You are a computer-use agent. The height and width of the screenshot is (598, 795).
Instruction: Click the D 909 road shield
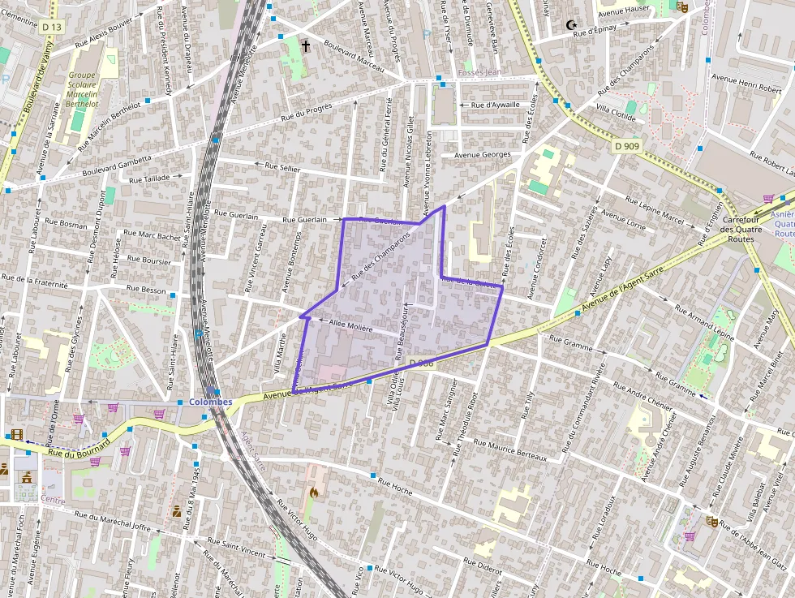pyautogui.click(x=626, y=146)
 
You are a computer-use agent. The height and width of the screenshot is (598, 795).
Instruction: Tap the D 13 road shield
pyautogui.click(x=51, y=27)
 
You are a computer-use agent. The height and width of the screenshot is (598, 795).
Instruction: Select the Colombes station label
pyautogui.click(x=210, y=402)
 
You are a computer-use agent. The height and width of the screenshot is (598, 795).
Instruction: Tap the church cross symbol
pyautogui.click(x=306, y=46)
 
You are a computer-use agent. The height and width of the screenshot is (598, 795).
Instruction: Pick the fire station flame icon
pyautogui.click(x=315, y=492)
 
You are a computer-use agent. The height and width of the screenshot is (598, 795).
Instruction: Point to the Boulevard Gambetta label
pyautogui.click(x=117, y=166)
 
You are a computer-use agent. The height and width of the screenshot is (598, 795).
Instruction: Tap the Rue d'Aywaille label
pyautogui.click(x=495, y=105)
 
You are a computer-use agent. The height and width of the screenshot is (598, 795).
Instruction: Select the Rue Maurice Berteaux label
pyautogui.click(x=509, y=450)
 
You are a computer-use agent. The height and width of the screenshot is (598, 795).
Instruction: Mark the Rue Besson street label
pyautogui.click(x=147, y=289)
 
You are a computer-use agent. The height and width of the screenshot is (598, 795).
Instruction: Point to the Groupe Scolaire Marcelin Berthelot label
pyautogui.click(x=82, y=89)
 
